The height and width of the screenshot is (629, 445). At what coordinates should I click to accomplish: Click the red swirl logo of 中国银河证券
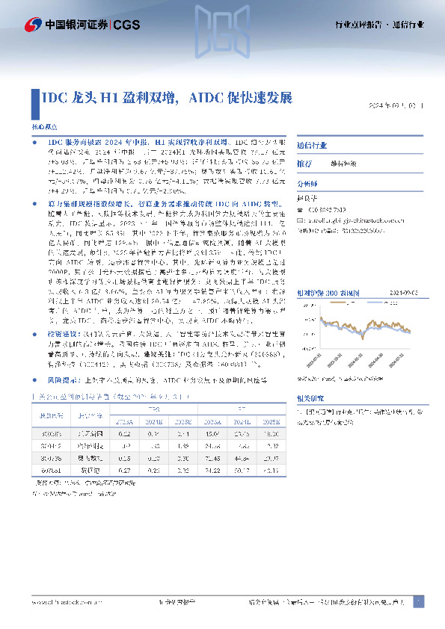click(x=33, y=25)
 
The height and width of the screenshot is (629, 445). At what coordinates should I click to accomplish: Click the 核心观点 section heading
click(x=43, y=128)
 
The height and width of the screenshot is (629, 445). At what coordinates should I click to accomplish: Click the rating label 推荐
click(x=304, y=163)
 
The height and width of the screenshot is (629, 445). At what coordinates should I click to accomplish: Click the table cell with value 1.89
click(x=179, y=446)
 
